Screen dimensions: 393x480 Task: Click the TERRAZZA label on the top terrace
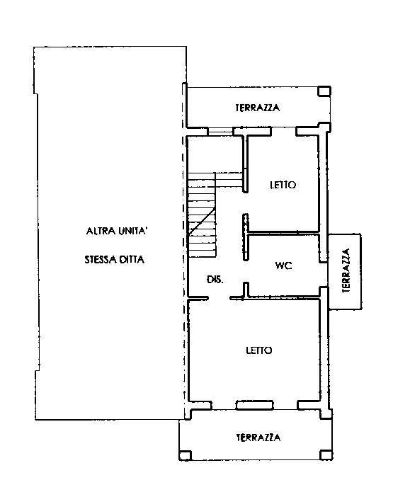257,108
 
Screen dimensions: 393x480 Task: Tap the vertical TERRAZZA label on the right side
346,270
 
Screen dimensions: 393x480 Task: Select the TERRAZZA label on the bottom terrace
258,438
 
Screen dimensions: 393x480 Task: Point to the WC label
284,265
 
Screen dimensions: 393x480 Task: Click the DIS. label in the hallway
215,280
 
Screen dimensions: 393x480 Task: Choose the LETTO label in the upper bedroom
283,185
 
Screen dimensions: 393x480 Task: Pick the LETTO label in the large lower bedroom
259,350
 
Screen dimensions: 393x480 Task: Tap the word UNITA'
132,231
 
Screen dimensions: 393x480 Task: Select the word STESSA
101,260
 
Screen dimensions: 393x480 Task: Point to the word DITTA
132,260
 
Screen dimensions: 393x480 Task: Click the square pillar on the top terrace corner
324,91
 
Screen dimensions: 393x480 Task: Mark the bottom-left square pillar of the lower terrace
185,455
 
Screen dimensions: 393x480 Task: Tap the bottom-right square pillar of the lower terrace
326,455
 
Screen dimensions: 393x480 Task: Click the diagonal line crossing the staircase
201,222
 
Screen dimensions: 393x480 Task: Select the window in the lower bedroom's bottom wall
254,405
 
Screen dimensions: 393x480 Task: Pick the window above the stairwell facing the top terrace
220,132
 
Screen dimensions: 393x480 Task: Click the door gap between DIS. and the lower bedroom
219,298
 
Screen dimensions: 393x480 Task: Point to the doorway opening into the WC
246,272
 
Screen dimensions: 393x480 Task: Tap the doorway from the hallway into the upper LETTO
246,203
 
